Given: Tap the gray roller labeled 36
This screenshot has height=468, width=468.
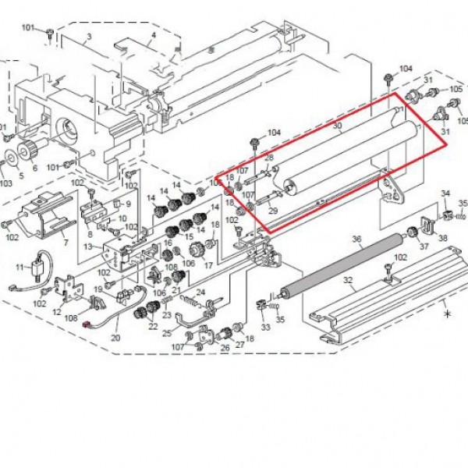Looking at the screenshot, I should (343, 262).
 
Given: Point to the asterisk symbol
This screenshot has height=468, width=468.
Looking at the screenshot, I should (446, 313).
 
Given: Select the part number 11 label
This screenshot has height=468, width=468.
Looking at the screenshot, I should (20, 268).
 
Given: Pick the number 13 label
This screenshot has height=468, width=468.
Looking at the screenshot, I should (88, 247).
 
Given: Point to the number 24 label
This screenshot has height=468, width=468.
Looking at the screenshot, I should (200, 292).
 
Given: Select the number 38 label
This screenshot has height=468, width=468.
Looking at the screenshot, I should (443, 238).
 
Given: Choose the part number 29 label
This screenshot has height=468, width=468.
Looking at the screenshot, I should (272, 211).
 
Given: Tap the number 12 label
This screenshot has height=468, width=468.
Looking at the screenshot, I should (56, 312).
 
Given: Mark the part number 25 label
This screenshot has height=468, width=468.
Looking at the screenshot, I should (166, 332).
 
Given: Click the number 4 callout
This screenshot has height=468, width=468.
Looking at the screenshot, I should (153, 35).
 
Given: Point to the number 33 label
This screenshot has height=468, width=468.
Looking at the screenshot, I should (265, 328).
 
